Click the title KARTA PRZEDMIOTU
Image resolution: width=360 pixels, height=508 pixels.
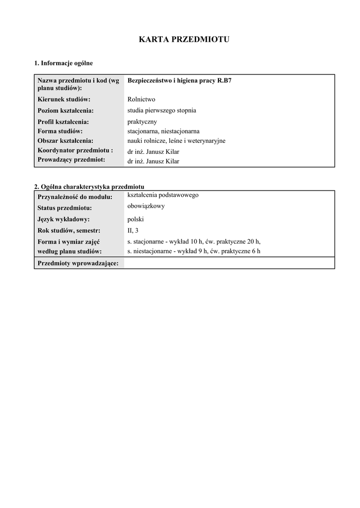tap(184, 40)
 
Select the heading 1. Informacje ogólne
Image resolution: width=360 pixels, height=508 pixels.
tap(64, 63)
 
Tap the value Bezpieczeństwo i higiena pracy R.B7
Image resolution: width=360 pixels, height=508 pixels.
tap(179, 80)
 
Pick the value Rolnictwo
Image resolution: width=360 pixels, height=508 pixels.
tap(142, 99)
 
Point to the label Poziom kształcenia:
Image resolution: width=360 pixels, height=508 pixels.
tap(66, 111)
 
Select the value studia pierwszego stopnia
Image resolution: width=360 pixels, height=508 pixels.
tap(162, 110)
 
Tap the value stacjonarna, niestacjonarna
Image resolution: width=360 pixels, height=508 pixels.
tap(163, 131)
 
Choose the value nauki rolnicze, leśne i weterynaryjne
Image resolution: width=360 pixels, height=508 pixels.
tap(176, 141)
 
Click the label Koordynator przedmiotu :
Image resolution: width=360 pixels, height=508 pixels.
tap(75, 150)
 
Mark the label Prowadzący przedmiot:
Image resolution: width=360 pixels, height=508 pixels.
tap(71, 160)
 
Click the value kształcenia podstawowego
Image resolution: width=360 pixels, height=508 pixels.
tap(163, 195)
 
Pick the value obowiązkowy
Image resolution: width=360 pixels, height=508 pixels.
tap(146, 206)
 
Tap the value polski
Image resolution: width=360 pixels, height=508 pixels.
tap(136, 219)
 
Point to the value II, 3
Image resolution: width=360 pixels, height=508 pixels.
tap(133, 230)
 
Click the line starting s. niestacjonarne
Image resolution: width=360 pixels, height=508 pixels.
tap(194, 252)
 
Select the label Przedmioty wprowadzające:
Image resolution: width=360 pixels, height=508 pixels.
tap(78, 263)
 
